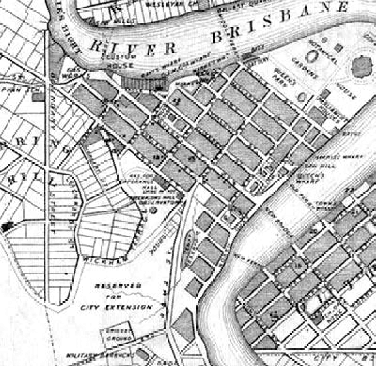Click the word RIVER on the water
click(134, 47)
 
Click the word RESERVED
click(117, 286)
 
